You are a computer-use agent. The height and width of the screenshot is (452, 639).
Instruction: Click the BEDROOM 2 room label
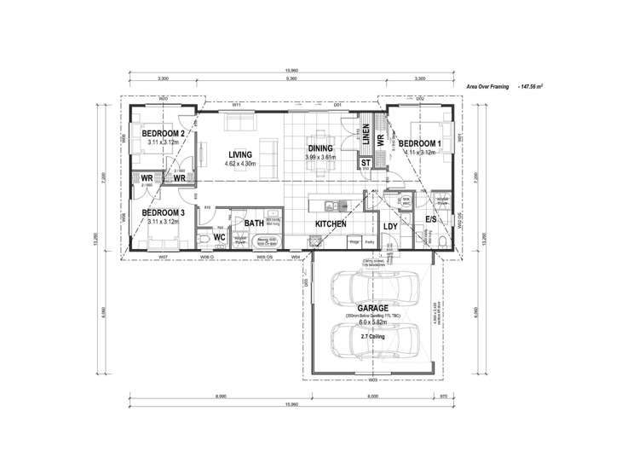click(163, 134)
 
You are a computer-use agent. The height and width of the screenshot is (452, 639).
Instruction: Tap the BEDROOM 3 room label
click(163, 212)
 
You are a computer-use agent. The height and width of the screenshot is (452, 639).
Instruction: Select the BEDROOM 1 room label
click(419, 143)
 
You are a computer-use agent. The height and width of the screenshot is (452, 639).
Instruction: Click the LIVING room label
click(240, 154)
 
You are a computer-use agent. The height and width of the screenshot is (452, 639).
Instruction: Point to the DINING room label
click(320, 148)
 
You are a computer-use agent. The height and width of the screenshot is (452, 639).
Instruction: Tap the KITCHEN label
click(331, 223)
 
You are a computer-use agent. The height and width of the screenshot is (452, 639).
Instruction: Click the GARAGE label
click(372, 308)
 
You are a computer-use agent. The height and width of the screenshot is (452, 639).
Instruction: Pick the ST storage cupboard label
click(366, 162)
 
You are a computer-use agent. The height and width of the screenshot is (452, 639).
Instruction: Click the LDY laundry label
click(390, 226)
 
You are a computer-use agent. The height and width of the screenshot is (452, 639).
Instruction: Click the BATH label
click(254, 223)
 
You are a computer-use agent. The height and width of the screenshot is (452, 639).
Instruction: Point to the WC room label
click(219, 237)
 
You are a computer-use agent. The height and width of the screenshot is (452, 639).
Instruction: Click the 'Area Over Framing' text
click(490, 87)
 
